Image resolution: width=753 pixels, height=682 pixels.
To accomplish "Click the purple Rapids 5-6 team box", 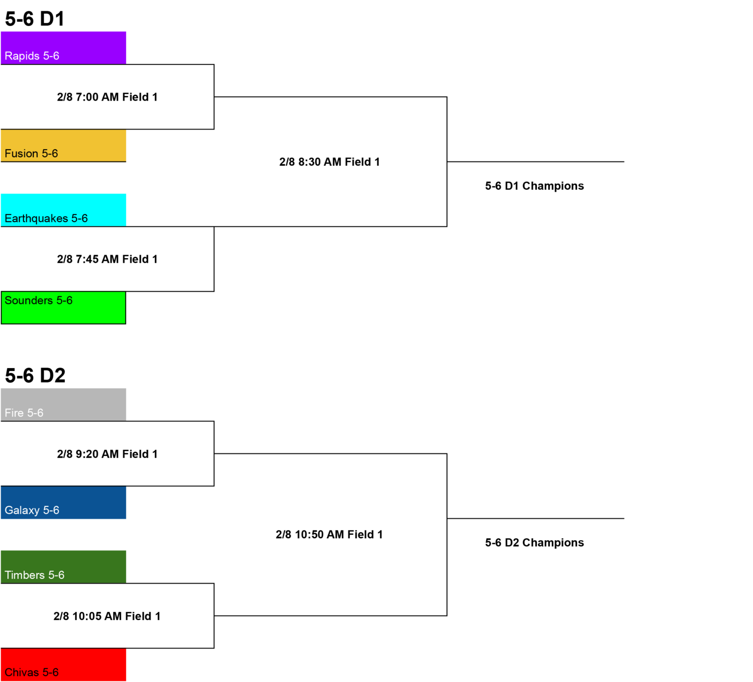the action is tap(63, 48).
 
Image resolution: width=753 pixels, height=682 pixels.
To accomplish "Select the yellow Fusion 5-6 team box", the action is tap(63, 146).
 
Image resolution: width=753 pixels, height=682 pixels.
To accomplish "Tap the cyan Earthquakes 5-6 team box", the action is tap(63, 210).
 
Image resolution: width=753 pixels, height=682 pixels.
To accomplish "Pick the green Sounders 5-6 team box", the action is tap(63, 308).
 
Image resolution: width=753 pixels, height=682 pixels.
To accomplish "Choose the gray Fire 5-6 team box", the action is tap(63, 405).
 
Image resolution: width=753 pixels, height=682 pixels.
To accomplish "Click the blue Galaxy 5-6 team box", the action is tap(63, 502).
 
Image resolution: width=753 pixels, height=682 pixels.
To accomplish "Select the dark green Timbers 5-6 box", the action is tap(63, 567).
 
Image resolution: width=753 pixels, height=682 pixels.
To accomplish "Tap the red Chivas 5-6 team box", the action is tap(63, 664).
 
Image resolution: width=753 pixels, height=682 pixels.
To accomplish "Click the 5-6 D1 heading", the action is tap(35, 19).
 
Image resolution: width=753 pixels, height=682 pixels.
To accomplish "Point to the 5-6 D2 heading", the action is tap(35, 376).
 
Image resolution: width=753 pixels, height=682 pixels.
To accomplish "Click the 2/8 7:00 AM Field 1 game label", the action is tap(107, 97).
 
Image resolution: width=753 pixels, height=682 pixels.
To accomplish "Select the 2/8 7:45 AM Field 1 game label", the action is tap(107, 259).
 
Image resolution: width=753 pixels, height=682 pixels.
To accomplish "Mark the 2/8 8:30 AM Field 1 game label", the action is tap(329, 162).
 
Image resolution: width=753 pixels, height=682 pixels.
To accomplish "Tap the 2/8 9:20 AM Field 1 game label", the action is tap(107, 454).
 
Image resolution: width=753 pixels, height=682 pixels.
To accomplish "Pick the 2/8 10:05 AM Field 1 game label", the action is tap(107, 616).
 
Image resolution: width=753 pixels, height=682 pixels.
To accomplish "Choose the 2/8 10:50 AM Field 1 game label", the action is tap(329, 535).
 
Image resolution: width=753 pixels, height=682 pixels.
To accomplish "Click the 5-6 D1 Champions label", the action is tap(534, 186).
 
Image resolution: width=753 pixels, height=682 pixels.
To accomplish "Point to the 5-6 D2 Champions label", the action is tap(534, 543).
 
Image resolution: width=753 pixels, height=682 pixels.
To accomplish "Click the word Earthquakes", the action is tap(36, 219).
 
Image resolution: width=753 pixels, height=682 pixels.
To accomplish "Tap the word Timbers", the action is tap(25, 575).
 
